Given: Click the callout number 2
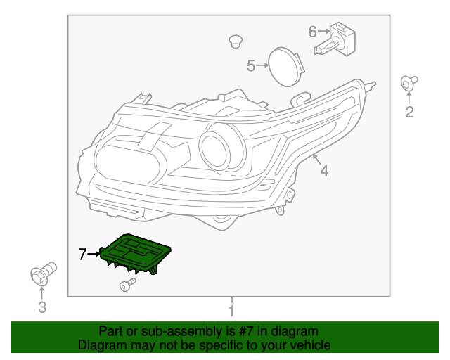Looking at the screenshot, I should (409, 112).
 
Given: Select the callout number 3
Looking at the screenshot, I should (41, 307).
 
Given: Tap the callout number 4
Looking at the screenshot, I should (324, 170).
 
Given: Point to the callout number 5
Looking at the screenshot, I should (251, 66).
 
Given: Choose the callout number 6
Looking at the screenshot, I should (313, 31).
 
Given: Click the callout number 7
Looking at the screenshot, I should (82, 255).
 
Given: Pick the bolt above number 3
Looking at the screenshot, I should (43, 272).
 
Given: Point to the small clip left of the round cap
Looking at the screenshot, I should (236, 41).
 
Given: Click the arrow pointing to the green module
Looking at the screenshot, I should (94, 255).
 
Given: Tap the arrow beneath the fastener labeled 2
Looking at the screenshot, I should (408, 97).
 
